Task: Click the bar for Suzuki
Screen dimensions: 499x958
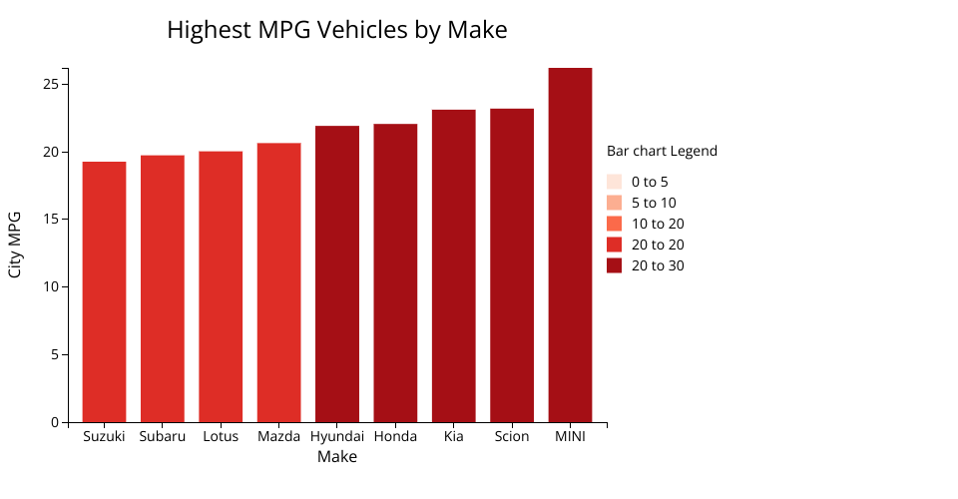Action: tap(104, 291)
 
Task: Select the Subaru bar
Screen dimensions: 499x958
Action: tap(162, 288)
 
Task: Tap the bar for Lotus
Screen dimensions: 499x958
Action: tap(221, 286)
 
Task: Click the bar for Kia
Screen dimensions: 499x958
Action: tap(454, 265)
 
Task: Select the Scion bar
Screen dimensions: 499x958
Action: tap(512, 264)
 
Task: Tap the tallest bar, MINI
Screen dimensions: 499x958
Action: tap(570, 245)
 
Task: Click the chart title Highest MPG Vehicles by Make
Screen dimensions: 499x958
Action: tap(337, 30)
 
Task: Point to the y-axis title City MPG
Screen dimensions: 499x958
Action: tap(15, 245)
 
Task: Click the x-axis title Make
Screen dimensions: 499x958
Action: tap(337, 457)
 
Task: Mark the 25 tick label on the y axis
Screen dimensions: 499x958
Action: tap(49, 84)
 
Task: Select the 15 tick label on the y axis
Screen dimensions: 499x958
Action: tap(49, 220)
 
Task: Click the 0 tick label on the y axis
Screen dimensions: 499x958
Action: tap(54, 422)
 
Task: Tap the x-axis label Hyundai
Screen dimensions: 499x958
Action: tap(337, 437)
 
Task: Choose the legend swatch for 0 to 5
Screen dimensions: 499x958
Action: tap(615, 182)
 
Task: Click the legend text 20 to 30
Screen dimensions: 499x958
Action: tap(658, 265)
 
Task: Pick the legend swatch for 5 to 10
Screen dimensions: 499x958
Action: tap(615, 203)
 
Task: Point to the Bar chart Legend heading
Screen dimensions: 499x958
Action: tap(662, 152)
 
